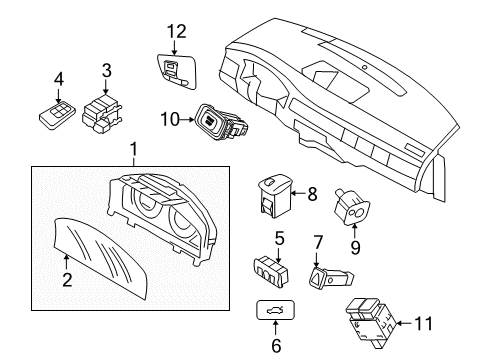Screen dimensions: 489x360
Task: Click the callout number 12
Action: point(177,31)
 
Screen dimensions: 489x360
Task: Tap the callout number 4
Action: point(59,79)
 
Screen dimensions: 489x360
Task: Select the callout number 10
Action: point(170,119)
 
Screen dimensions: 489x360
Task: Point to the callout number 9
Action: point(355,247)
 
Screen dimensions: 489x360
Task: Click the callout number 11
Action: point(423,323)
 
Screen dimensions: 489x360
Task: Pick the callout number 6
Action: point(276,345)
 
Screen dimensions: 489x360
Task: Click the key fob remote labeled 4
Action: point(57,115)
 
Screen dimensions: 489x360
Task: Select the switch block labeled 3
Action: point(102,113)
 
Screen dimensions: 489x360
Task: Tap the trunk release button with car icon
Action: point(275,310)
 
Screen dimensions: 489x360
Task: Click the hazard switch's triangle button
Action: point(316,276)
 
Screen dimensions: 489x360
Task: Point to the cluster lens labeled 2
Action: point(100,258)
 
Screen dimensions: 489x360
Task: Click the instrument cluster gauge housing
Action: point(162,217)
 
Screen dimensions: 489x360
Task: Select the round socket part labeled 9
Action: point(352,207)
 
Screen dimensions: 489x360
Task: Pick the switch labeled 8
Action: point(275,196)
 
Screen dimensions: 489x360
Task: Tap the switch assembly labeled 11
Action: point(370,323)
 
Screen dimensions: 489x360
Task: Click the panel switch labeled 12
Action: point(177,71)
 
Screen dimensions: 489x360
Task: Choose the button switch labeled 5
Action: point(271,271)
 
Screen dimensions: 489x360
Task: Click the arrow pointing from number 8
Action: point(299,193)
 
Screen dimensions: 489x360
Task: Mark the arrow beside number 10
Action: point(188,119)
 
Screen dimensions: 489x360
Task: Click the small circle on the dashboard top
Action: point(365,67)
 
